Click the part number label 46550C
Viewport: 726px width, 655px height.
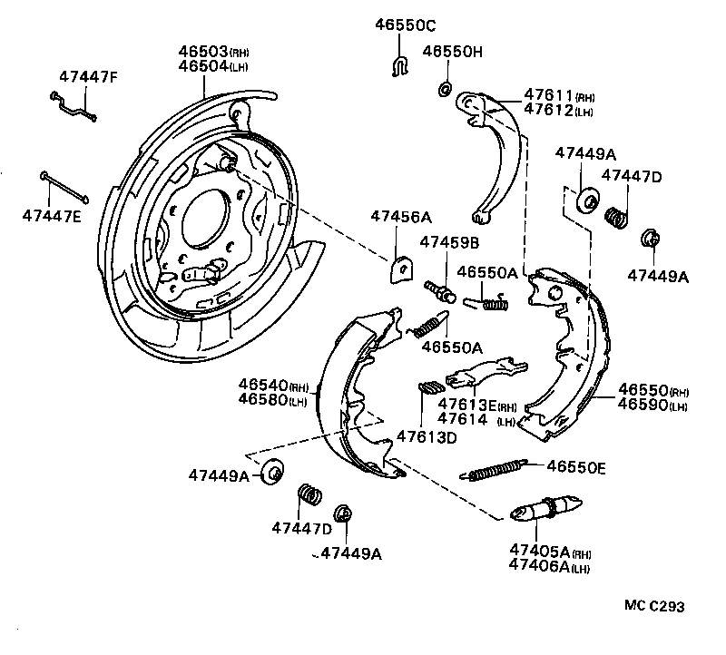pos(406,26)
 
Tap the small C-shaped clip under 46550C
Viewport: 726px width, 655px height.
pos(397,65)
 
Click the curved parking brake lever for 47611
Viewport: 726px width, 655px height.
pos(491,154)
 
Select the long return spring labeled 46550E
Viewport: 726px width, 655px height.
pos(496,469)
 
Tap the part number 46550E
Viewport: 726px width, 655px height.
pos(575,467)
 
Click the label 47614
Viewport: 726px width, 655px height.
pos(464,419)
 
